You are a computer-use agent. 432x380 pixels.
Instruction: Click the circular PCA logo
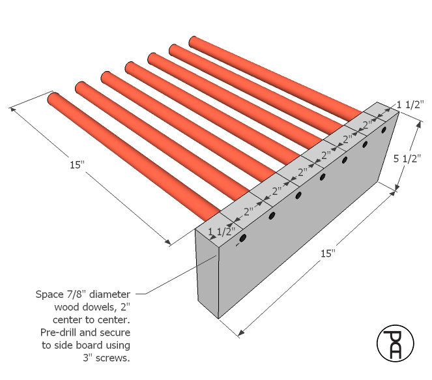(395, 343)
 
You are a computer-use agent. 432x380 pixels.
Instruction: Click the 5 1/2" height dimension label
(407, 159)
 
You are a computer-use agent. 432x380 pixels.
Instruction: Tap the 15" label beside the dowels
(77, 165)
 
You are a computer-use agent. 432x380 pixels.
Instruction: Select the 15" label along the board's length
(328, 254)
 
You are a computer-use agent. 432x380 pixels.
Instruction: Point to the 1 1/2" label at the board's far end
(410, 105)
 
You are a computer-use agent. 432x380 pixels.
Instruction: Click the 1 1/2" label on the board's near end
(222, 231)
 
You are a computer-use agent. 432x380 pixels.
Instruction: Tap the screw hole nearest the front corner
(243, 238)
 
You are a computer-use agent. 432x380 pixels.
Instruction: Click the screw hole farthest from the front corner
(383, 130)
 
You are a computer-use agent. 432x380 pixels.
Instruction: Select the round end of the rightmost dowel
(194, 41)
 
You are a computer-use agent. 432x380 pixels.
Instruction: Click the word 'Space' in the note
(50, 295)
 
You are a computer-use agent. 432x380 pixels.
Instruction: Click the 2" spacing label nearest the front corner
(248, 212)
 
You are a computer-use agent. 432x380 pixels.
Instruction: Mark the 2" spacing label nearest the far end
(368, 125)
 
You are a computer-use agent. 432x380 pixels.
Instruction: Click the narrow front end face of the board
(207, 272)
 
